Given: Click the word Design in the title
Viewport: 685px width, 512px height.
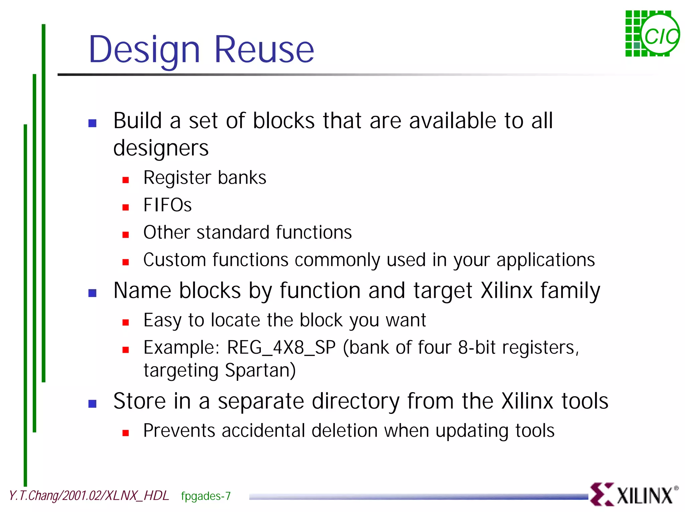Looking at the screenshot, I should (144, 50).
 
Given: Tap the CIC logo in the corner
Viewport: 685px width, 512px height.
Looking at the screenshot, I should (652, 34).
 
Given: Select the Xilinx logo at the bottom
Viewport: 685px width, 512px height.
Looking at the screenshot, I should (633, 494).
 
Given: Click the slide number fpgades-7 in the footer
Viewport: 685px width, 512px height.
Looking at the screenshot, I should (206, 496).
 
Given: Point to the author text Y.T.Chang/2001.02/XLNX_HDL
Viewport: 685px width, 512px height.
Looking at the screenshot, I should (89, 496).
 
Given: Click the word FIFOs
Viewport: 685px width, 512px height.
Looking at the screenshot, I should (167, 205).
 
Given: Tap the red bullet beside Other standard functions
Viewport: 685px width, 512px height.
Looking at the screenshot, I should (126, 235).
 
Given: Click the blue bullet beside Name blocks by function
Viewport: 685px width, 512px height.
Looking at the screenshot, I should (92, 293).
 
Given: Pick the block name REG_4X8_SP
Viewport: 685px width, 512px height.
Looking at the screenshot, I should (281, 347).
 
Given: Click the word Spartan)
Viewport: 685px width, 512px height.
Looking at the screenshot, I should (260, 370).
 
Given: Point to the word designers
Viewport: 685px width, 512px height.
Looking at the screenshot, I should (161, 148).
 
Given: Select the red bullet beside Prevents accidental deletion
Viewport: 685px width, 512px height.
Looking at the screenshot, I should (126, 433).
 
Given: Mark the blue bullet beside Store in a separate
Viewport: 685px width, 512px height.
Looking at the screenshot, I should (92, 404).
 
